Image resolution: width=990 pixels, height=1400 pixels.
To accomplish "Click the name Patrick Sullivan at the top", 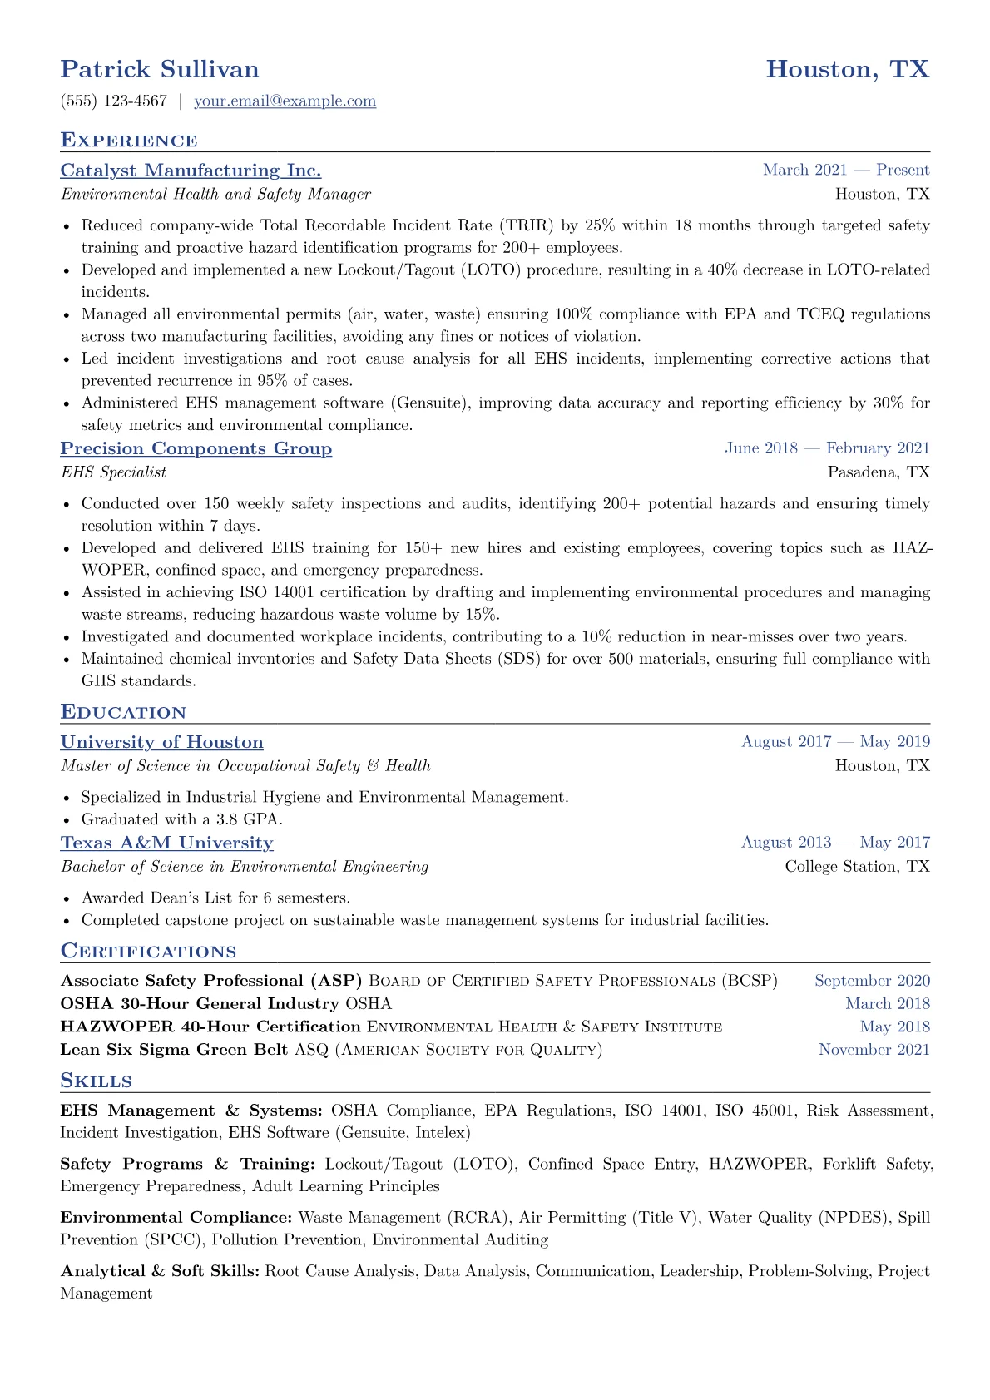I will [160, 69].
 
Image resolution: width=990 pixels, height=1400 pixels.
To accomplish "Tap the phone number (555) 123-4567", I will [114, 101].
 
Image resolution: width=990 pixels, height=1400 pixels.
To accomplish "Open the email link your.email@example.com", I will [285, 101].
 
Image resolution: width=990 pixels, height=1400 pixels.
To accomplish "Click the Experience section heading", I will [129, 141].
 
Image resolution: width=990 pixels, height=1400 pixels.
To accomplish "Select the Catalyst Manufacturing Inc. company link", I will [191, 171].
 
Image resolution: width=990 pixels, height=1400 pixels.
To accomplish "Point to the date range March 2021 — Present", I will [846, 171].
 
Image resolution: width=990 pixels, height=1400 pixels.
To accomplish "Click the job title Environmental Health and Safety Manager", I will [215, 195].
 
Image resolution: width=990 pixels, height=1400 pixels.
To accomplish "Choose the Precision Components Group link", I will [196, 448].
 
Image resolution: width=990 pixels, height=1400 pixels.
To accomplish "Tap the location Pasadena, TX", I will [879, 472].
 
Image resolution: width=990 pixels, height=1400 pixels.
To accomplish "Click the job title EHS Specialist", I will [113, 472].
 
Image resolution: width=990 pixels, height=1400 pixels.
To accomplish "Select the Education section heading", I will [123, 712].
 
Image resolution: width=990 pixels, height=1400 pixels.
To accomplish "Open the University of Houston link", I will [162, 742].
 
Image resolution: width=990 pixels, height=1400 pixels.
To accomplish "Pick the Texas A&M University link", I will [167, 843].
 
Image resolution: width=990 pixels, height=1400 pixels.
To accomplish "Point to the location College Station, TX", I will [858, 867].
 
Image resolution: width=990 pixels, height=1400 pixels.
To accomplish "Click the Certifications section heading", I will [148, 952].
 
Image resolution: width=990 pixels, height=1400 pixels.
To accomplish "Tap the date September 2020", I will [872, 981].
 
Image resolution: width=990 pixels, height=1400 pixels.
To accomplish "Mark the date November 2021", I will [874, 1050].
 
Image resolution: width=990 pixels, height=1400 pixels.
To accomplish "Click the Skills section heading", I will [97, 1081].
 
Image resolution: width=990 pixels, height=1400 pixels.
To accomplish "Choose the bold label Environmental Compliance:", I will [176, 1218].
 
